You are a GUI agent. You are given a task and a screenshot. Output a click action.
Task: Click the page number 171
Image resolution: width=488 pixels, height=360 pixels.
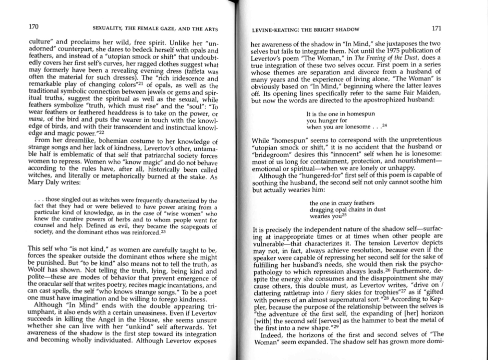(437, 28)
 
